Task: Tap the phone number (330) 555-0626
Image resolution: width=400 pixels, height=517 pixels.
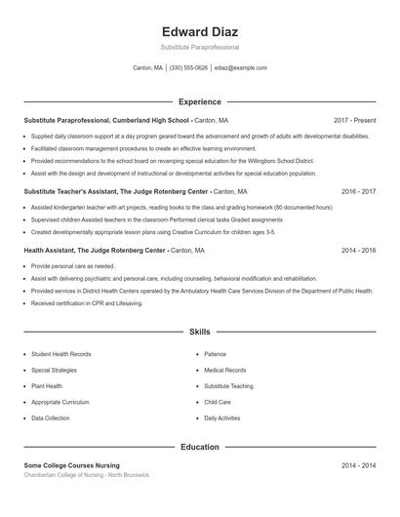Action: point(188,68)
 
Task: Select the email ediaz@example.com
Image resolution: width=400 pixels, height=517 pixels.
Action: point(241,68)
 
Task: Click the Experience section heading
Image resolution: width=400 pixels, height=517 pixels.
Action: point(200,101)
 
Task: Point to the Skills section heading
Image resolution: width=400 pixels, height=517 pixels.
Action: point(200,333)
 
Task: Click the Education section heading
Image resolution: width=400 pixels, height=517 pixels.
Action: point(200,447)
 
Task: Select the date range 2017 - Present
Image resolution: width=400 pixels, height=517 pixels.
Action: point(354,120)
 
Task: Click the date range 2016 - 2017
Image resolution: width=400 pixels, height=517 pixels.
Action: point(358,192)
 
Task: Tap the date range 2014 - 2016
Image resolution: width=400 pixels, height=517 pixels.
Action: point(358,251)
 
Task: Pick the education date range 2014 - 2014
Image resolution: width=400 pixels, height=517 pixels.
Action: point(358,465)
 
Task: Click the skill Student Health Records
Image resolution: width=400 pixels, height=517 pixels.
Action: point(61,354)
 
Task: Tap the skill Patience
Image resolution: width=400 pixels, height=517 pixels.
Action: point(215,354)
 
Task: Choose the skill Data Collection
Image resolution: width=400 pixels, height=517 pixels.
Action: point(51,418)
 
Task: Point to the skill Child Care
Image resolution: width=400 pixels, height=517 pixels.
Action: point(218,402)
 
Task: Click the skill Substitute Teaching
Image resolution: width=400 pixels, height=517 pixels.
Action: point(228,386)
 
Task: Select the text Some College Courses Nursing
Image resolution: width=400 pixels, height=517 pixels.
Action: point(71,465)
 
